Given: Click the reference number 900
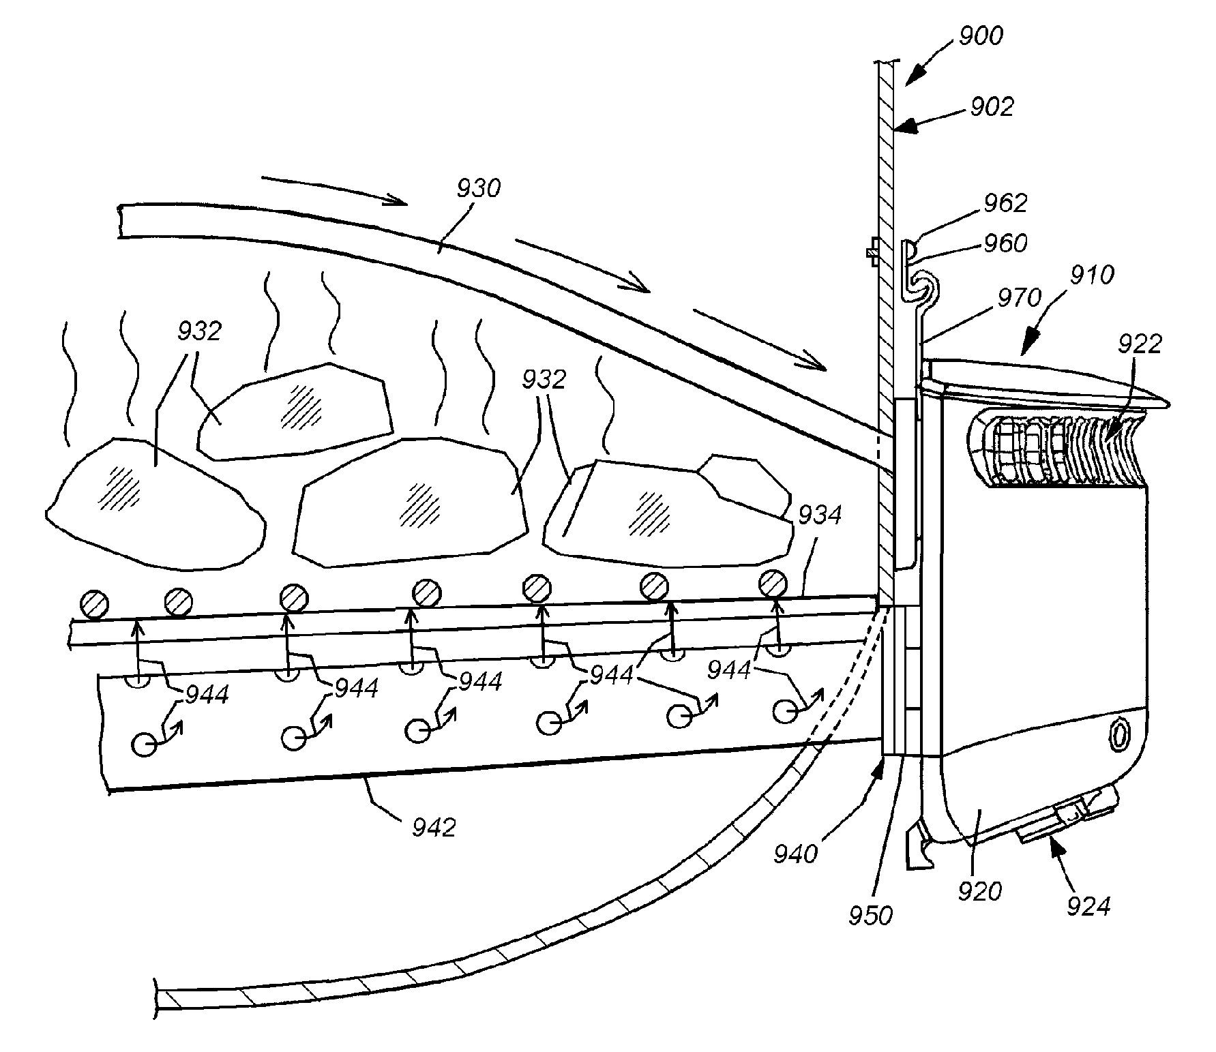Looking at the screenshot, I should [x=981, y=36].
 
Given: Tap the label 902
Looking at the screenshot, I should [x=992, y=107].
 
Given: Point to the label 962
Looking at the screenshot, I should [x=1005, y=203].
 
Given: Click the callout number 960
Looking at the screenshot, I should [x=1005, y=243].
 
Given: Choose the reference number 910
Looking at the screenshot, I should [x=1091, y=275].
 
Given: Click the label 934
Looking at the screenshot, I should [x=820, y=515].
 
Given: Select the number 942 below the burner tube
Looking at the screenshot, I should [x=434, y=827].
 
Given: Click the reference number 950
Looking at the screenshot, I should [x=871, y=915].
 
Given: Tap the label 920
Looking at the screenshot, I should [x=980, y=891].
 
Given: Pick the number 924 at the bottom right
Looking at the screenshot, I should [x=1088, y=905].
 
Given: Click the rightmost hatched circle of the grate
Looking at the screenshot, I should [x=773, y=584].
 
